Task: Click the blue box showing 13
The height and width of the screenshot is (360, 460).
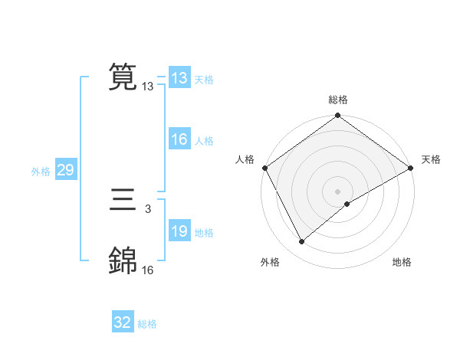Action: [x=179, y=78]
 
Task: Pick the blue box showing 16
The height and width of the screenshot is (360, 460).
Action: [x=179, y=139]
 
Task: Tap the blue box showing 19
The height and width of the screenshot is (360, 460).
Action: [x=179, y=231]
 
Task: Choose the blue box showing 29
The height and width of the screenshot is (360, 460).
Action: [x=65, y=170]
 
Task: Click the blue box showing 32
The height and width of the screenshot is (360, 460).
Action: [x=122, y=322]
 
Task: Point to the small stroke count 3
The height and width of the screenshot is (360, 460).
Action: [x=147, y=208]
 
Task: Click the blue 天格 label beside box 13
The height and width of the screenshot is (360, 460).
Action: [x=204, y=80]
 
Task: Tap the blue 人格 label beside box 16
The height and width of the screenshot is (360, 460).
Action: [x=204, y=141]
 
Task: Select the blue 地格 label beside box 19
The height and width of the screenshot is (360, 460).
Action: [x=204, y=233]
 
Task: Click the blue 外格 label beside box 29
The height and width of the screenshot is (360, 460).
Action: [x=41, y=172]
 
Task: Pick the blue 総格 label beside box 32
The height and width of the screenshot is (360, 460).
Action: [x=147, y=324]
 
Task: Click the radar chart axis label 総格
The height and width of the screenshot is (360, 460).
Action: [x=338, y=100]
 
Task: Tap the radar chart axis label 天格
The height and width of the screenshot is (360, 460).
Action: [x=431, y=159]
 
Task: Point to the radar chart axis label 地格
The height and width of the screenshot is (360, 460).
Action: [x=402, y=262]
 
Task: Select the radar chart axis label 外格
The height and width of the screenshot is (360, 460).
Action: [x=270, y=262]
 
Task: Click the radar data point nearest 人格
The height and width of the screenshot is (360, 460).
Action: [x=264, y=168]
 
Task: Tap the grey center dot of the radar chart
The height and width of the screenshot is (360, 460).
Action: [x=337, y=191]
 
